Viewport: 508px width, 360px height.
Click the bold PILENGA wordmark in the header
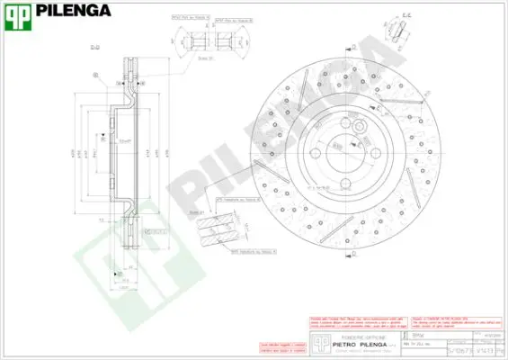[74, 12]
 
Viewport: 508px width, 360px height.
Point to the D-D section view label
[94, 47]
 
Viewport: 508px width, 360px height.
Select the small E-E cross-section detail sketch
[396, 31]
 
